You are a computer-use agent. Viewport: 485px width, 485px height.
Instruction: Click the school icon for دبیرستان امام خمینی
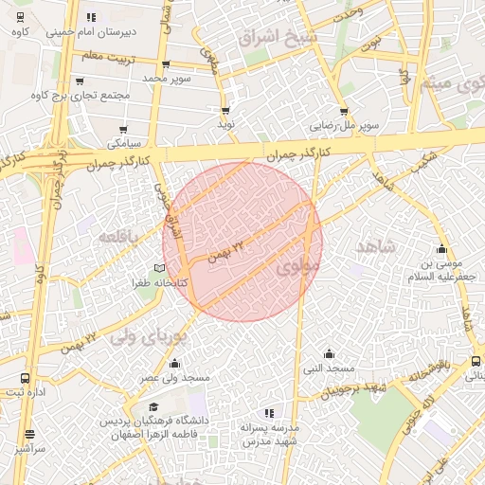click(90, 17)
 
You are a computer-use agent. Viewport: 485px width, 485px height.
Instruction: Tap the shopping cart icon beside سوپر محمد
click(167, 65)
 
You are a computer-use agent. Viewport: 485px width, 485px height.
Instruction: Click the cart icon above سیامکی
click(124, 129)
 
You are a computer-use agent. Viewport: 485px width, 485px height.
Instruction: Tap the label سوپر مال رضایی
click(349, 124)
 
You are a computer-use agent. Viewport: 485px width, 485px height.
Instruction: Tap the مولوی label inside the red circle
click(294, 270)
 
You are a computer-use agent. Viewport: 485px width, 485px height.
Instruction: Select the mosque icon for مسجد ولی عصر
click(175, 363)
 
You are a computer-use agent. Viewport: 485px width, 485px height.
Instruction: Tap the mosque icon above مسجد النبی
click(328, 352)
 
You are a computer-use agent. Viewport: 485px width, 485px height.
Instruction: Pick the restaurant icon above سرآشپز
click(29, 434)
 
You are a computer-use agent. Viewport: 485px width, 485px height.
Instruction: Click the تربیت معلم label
click(104, 57)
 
